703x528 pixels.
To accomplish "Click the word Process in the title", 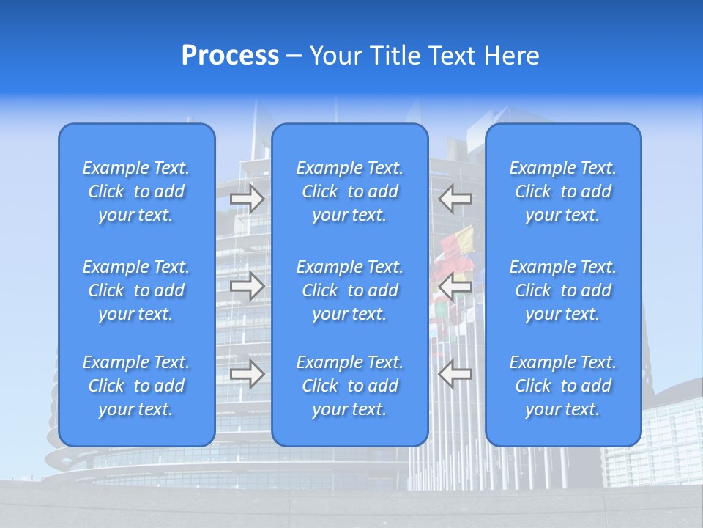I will pyautogui.click(x=230, y=56).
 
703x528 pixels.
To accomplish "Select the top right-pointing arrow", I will pyautogui.click(x=248, y=198).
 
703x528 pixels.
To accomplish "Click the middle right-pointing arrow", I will pyautogui.click(x=248, y=286).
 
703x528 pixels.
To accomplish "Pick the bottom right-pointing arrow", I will pyautogui.click(x=248, y=374).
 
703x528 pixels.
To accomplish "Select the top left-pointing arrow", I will pyautogui.click(x=455, y=198).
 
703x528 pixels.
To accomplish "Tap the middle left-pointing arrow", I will pyautogui.click(x=455, y=286).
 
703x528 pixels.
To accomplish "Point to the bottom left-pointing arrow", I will pyautogui.click(x=455, y=374).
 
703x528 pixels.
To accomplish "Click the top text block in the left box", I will pyautogui.click(x=136, y=191).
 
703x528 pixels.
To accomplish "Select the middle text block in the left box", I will pyautogui.click(x=136, y=290).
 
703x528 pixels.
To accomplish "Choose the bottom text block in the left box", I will pyautogui.click(x=136, y=386).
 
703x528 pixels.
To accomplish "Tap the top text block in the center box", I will pyautogui.click(x=349, y=191).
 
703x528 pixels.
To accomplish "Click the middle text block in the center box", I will pyautogui.click(x=349, y=290).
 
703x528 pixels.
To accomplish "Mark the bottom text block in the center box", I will pyautogui.click(x=349, y=386).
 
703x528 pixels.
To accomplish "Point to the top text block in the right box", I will pyautogui.click(x=562, y=191).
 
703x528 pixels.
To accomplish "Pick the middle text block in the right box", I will pyautogui.click(x=562, y=290).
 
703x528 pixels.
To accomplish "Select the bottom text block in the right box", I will pyautogui.click(x=562, y=386).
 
